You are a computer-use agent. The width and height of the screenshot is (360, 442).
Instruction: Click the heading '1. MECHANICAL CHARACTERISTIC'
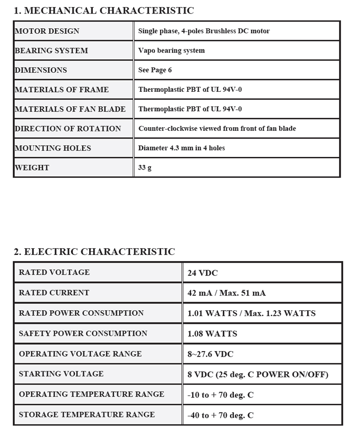click(104, 11)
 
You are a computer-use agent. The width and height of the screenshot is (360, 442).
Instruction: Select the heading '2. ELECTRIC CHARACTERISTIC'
click(94, 252)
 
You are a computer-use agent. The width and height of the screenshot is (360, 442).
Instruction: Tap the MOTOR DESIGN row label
click(47, 31)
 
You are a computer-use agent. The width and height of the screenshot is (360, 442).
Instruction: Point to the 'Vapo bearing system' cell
click(171, 50)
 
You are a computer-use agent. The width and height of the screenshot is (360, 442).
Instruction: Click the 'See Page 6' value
click(155, 70)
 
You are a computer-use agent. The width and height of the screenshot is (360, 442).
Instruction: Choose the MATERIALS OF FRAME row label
click(62, 89)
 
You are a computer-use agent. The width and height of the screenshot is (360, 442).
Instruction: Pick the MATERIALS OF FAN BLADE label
click(70, 109)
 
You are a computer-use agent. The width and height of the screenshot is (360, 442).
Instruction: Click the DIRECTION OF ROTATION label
click(68, 129)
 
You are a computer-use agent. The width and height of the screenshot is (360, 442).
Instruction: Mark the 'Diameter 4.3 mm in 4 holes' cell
click(181, 148)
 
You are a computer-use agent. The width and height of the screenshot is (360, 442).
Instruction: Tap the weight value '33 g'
click(144, 168)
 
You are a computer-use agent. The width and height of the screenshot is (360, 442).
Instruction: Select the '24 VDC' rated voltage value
click(202, 273)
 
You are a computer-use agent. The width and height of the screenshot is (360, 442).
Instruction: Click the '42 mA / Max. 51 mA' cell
click(226, 293)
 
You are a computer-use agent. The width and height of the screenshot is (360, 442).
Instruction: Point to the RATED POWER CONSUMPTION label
click(81, 313)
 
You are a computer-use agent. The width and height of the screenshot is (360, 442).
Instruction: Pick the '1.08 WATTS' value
click(212, 334)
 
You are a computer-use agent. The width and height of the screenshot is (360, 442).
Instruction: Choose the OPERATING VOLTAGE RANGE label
click(80, 354)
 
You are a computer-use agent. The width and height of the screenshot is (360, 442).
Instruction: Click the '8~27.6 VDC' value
click(210, 354)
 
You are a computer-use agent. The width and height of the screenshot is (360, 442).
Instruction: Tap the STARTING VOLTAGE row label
click(61, 374)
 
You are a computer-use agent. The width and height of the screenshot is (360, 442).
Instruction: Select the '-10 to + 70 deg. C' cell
click(220, 395)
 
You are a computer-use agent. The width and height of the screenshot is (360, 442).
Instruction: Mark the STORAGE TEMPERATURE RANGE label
click(86, 415)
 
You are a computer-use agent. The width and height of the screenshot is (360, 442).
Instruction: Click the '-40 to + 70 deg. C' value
click(220, 415)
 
